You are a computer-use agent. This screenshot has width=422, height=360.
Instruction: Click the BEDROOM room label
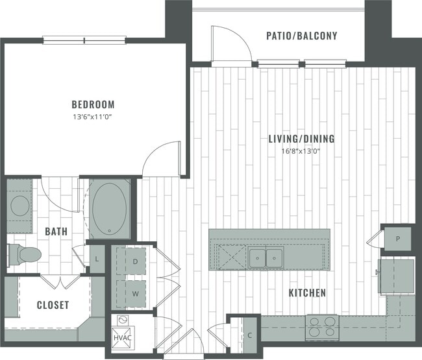93,104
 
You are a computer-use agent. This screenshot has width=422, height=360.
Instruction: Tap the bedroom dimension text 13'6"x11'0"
93,117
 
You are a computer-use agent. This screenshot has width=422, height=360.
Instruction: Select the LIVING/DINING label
302,138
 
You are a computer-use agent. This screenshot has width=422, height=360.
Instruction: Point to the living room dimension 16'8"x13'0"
302,151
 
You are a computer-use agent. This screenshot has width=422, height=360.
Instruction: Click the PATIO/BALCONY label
301,36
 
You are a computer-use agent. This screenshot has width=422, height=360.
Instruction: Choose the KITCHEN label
307,293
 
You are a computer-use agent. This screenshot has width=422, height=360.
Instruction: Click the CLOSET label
53,305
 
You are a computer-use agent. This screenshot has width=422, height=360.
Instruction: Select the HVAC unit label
122,337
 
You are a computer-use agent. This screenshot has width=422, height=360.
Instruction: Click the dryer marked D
136,261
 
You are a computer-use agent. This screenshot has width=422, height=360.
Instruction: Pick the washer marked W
136,293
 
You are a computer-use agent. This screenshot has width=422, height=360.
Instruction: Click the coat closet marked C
250,335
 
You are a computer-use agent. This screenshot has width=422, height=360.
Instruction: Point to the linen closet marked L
96,259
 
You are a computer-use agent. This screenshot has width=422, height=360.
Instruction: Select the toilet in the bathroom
26,254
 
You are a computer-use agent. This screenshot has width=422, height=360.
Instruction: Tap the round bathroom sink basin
20,206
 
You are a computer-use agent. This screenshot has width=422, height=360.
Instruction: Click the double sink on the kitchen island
266,257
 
